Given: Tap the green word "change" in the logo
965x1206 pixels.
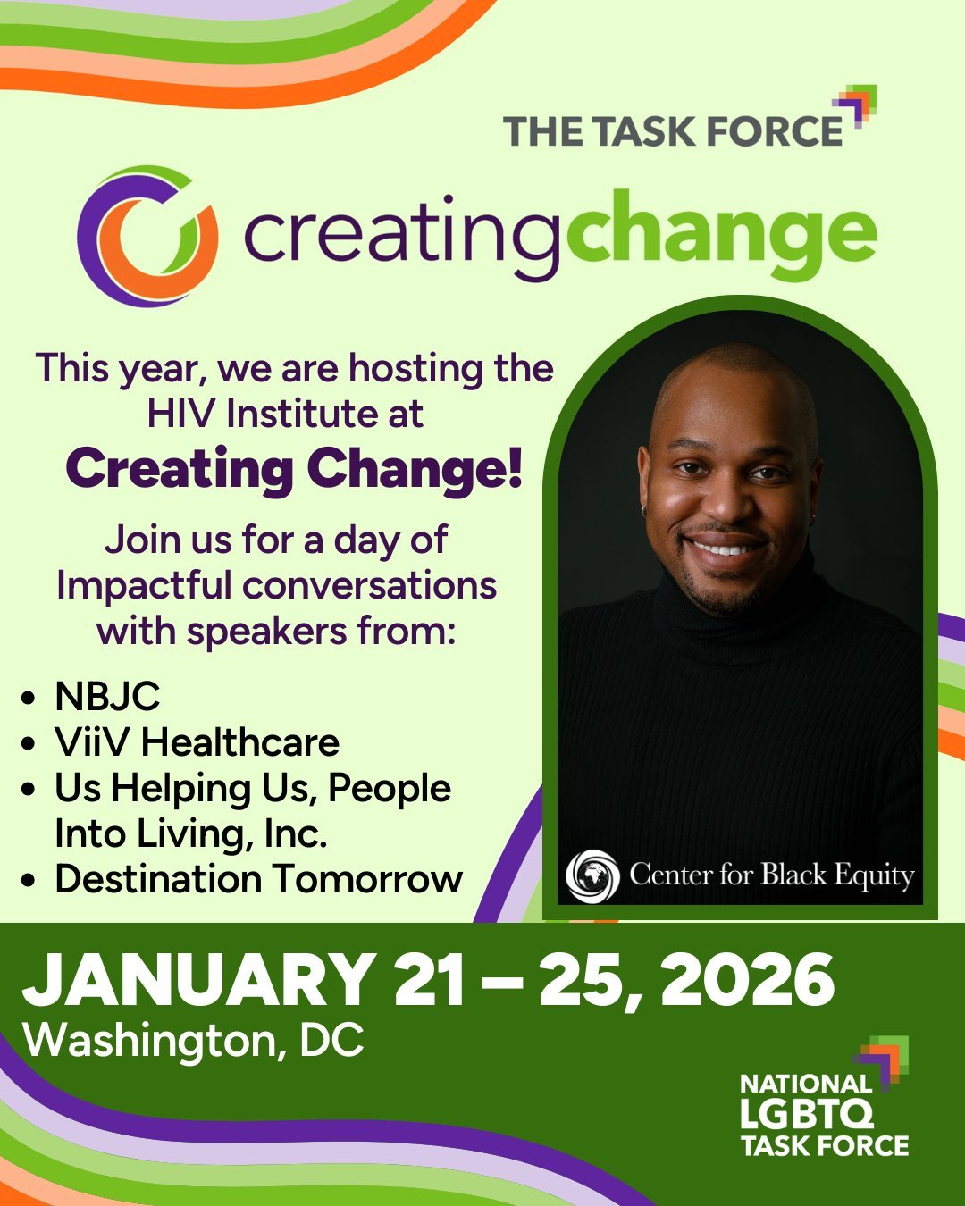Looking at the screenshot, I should click(721, 234).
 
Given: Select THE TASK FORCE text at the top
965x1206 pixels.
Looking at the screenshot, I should click(672, 130).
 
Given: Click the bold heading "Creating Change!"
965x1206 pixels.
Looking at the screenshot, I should click(294, 469).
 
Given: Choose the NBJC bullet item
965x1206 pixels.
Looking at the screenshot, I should click(107, 697).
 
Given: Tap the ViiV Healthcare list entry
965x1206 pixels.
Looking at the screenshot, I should click(197, 742).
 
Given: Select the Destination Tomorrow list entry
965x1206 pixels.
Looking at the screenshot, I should click(258, 879).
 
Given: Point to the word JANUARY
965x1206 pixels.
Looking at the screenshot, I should click(198, 979).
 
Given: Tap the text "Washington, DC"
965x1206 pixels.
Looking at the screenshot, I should click(194, 1040).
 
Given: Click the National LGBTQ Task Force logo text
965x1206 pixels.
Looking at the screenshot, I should click(823, 1116).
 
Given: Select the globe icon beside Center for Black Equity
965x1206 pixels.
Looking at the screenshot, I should click(592, 875).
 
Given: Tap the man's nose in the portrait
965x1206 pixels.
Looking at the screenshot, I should click(726, 507).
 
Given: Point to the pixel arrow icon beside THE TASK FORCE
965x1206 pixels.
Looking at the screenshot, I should click(860, 105).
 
